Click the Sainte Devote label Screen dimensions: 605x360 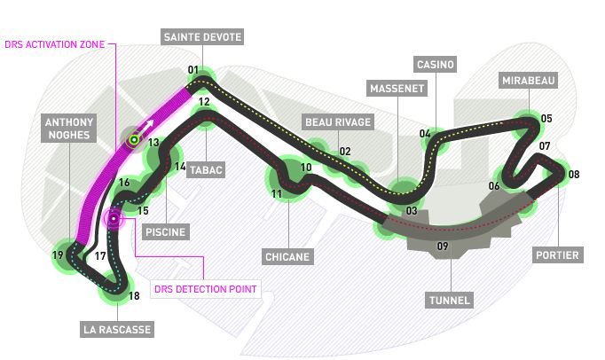click(201, 36)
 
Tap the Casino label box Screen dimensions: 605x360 click(436, 65)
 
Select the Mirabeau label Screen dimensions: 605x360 click(528, 81)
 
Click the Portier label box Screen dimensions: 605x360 click(558, 255)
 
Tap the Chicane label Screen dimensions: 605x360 click(287, 256)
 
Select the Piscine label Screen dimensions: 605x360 click(165, 232)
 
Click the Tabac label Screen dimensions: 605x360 click(206, 169)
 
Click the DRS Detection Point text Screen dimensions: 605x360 click(205, 288)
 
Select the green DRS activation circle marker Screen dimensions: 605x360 click(134, 138)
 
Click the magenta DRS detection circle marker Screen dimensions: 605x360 click(113, 219)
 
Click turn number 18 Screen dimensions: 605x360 click(134, 296)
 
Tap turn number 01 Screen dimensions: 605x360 click(192, 70)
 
